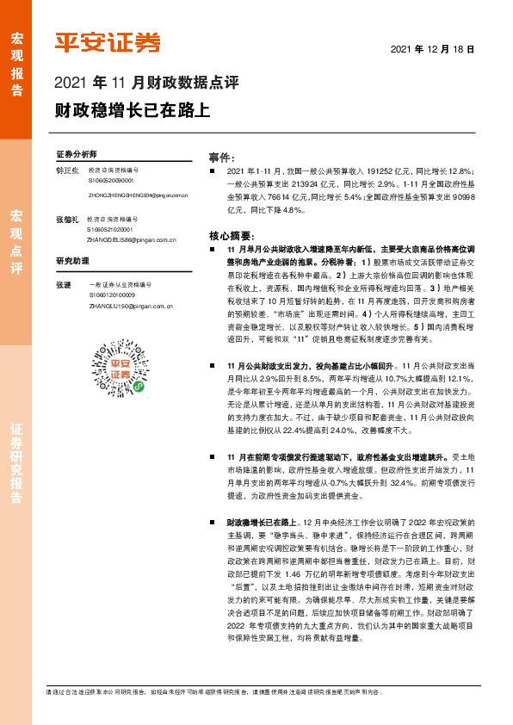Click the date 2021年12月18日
click(x=432, y=50)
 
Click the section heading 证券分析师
click(x=77, y=152)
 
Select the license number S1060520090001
click(x=111, y=182)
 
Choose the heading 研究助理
click(x=73, y=261)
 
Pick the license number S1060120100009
click(x=111, y=294)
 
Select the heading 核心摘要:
click(x=230, y=235)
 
